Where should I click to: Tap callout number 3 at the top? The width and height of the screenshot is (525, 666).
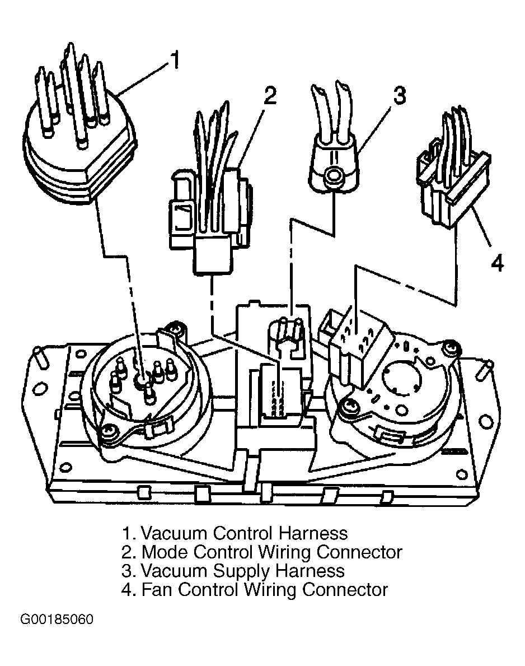point(400,95)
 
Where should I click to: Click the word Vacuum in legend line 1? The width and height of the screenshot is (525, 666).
point(173,533)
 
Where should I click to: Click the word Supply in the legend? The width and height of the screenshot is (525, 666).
point(241,572)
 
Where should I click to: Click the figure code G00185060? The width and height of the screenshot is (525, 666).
point(57,620)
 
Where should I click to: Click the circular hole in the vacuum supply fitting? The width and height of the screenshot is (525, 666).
point(332,175)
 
